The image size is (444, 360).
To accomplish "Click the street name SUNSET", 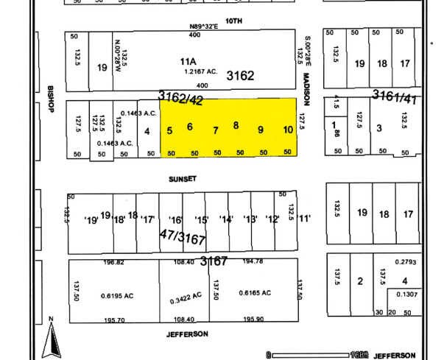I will coord(178,177).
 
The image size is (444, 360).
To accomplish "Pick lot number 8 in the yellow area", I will coord(236,125).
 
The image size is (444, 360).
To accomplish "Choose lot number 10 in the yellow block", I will coord(288,130).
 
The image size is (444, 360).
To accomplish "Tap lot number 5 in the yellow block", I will coord(170,131).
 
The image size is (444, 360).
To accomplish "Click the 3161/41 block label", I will coord(393,95).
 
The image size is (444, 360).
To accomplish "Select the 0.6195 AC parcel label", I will coord(116,294).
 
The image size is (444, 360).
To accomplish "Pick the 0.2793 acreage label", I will coord(406,262).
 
